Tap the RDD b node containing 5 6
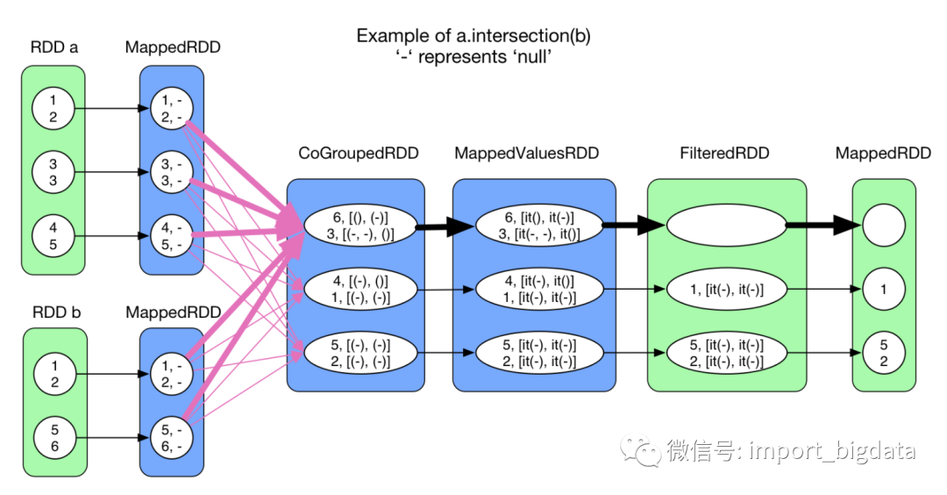(x=53, y=438)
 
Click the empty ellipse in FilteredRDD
(x=725, y=226)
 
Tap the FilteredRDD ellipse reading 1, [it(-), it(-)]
(x=725, y=288)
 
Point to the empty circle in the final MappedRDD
(x=883, y=226)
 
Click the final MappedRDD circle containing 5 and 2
(x=883, y=354)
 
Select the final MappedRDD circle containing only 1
(x=883, y=288)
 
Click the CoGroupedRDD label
(x=359, y=154)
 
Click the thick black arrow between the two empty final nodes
(x=822, y=226)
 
